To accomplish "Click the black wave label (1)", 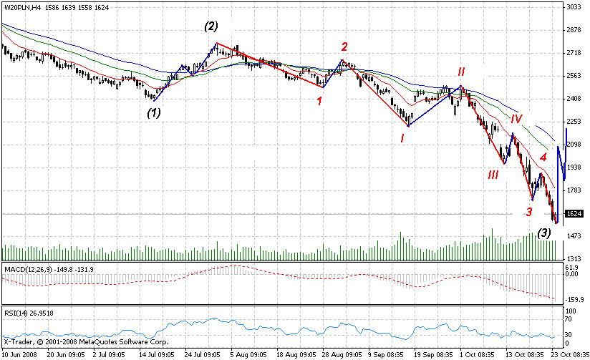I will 154,112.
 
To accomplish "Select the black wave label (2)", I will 211,27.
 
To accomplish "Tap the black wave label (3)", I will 544,233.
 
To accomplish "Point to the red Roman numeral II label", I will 462,72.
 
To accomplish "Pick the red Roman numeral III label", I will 493,175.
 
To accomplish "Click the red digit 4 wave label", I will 543,157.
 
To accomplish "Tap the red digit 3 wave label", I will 529,212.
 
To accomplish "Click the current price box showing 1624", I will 573,214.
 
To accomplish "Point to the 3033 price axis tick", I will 573,7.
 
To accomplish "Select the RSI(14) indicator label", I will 15,313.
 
